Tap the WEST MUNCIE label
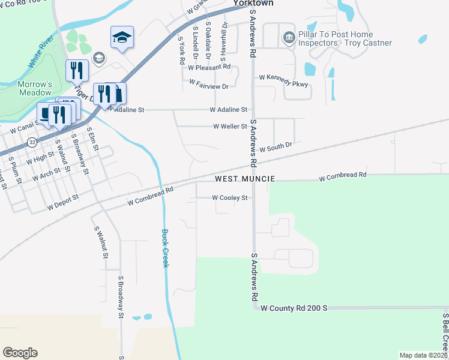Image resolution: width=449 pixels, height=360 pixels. pos(246,179)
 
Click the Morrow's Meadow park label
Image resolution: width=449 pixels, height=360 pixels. pos(34,88)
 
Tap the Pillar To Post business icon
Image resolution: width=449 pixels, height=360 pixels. pos(289,38)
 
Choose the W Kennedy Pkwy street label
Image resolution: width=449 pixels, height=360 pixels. pos(283,77)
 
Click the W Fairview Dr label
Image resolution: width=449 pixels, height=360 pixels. pos(209,84)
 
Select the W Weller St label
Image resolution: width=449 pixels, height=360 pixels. pos(231,127)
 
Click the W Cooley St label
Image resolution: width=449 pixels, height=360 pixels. pos(230,197)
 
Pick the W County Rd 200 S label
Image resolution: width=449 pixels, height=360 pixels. pos(293,308)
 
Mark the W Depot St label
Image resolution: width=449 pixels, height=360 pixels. pos(64,202)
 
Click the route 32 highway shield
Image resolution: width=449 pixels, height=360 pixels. pos(32,142)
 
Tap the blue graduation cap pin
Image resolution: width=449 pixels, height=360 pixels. pos(122,38)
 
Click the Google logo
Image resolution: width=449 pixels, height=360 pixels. pos(20,353)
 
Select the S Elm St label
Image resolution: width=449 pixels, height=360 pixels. pos(92,138)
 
